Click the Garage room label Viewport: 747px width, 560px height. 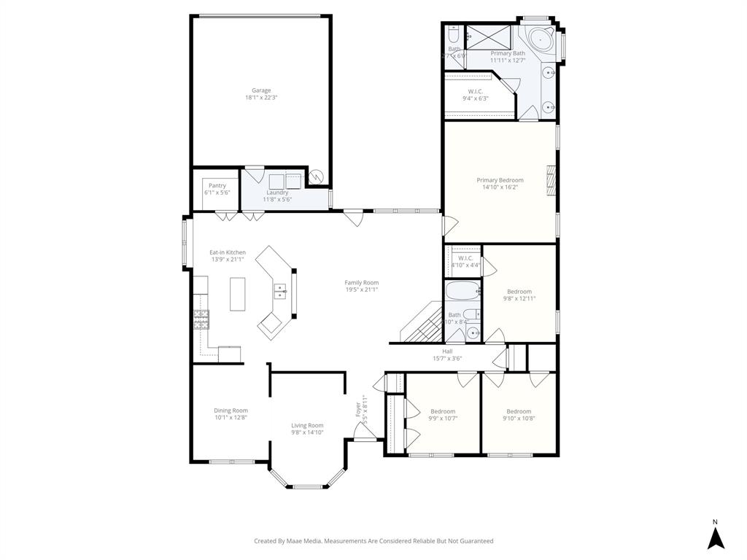click(261, 90)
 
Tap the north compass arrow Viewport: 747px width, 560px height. click(716, 537)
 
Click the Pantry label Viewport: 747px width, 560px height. click(217, 185)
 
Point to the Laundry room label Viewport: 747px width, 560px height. click(277, 192)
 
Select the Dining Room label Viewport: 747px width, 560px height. click(231, 411)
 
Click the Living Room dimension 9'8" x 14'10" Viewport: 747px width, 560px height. click(307, 432)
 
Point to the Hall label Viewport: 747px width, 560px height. click(447, 351)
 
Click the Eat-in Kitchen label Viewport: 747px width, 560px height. click(228, 252)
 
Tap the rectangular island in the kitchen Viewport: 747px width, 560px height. click(238, 294)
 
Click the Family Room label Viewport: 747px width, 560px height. click(362, 283)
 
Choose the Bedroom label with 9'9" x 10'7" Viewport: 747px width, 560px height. click(443, 411)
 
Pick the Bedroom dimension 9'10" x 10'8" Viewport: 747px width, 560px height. click(519, 418)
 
